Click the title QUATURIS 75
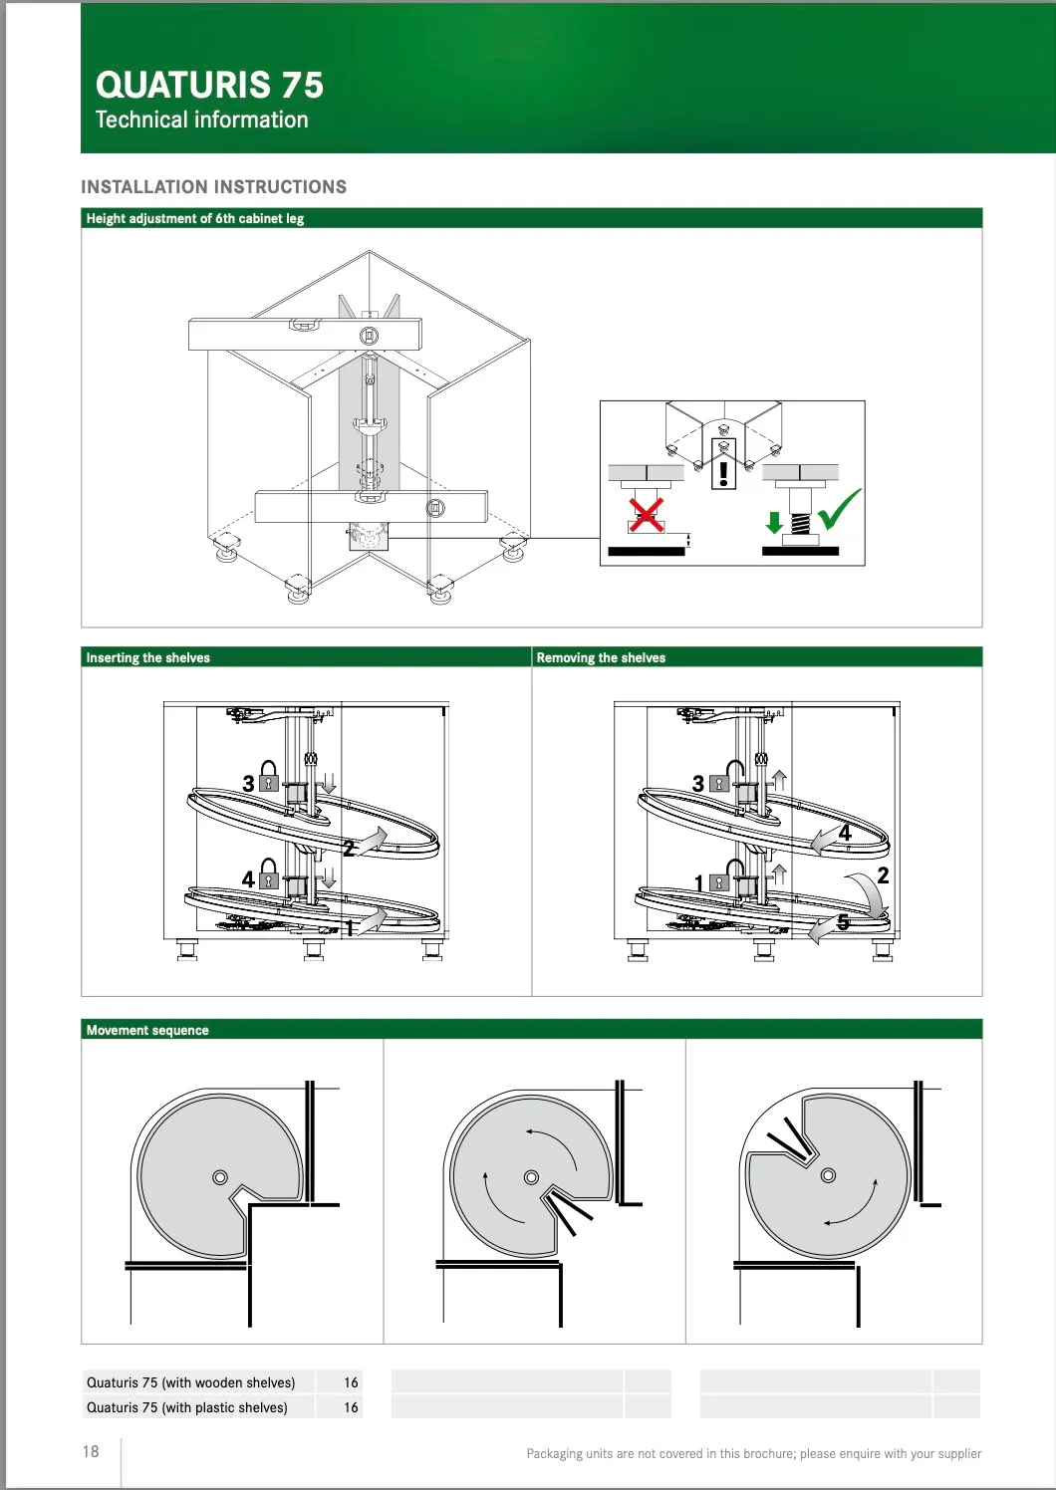pyautogui.click(x=209, y=85)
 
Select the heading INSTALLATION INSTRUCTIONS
pyautogui.click(x=213, y=187)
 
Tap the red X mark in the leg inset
pyautogui.click(x=647, y=516)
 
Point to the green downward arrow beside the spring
pyautogui.click(x=774, y=522)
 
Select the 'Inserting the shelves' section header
pyautogui.click(x=147, y=658)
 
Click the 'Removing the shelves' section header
pyautogui.click(x=601, y=658)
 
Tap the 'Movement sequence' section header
pyautogui.click(x=147, y=1031)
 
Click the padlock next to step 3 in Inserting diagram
pyautogui.click(x=268, y=776)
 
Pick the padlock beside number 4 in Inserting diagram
pyautogui.click(x=268, y=874)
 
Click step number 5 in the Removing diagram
pyautogui.click(x=843, y=922)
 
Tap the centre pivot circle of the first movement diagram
pyautogui.click(x=219, y=1177)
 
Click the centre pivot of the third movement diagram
pyautogui.click(x=828, y=1175)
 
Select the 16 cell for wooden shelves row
pyautogui.click(x=352, y=1382)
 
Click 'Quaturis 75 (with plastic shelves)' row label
pyautogui.click(x=187, y=1407)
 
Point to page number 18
pyautogui.click(x=91, y=1451)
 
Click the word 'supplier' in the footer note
pyautogui.click(x=958, y=1454)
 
